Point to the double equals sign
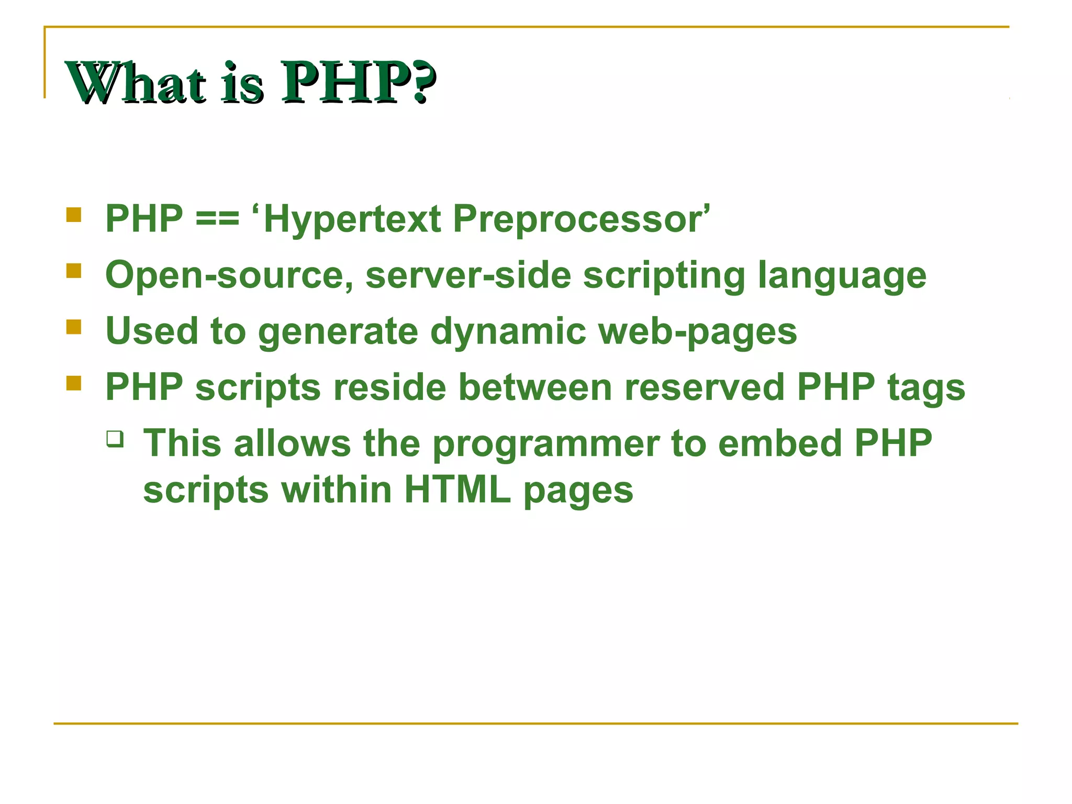(217, 219)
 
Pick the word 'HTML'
(457, 490)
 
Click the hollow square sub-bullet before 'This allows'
(115, 439)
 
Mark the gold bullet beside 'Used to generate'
(74, 327)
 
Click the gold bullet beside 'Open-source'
(74, 271)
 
